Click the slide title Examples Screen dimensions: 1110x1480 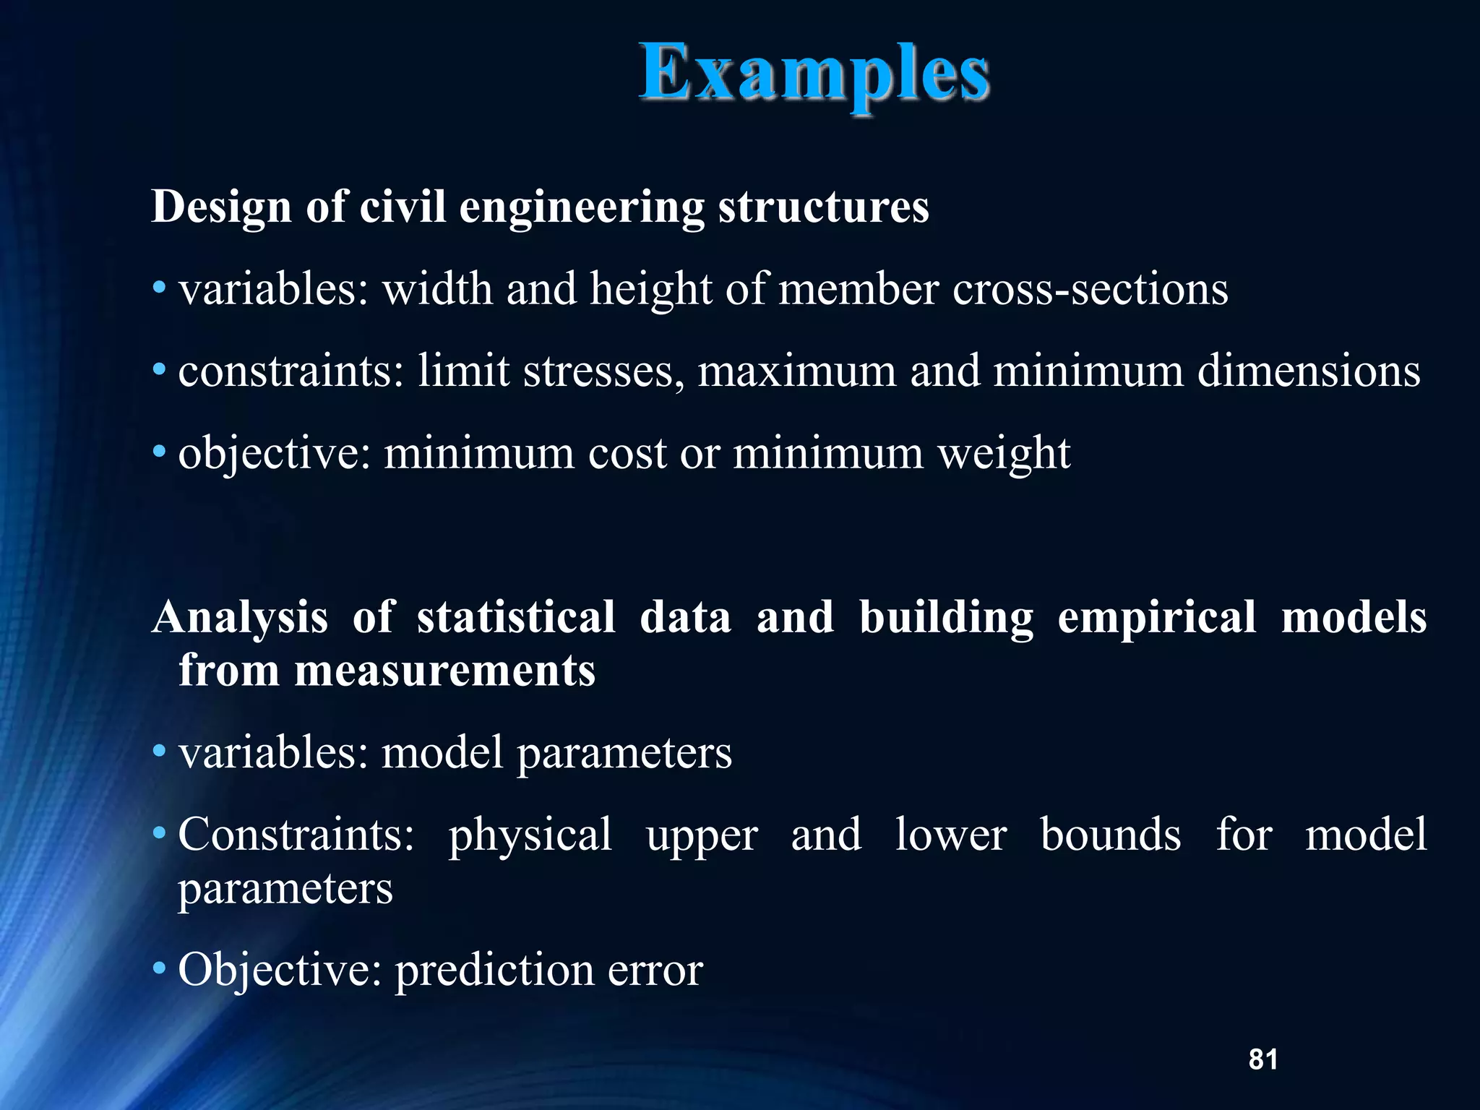[x=814, y=74]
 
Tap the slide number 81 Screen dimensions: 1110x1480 [x=1262, y=1059]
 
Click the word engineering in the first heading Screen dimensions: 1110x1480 [x=581, y=208]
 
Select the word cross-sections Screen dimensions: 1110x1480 [x=1090, y=289]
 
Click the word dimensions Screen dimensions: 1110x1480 [x=1309, y=371]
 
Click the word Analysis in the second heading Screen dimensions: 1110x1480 [x=240, y=619]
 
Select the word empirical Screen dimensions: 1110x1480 [x=1157, y=619]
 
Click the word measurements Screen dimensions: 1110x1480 [x=444, y=671]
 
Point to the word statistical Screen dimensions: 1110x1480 [x=516, y=619]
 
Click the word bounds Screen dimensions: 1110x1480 [x=1111, y=835]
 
